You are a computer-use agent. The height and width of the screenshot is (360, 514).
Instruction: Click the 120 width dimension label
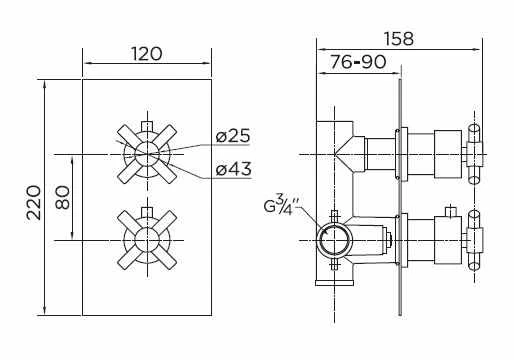(146, 53)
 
